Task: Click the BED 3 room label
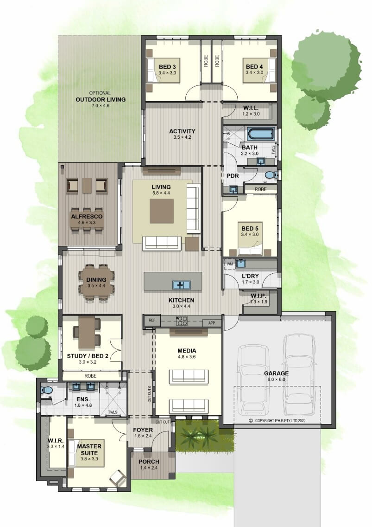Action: click(167, 67)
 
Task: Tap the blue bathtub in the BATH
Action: click(261, 134)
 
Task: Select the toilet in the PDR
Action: click(270, 175)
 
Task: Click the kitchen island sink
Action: click(182, 285)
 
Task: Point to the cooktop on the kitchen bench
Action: click(182, 321)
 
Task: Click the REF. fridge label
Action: click(152, 320)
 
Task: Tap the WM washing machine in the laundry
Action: click(230, 264)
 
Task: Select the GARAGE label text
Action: click(276, 373)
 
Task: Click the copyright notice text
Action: click(277, 420)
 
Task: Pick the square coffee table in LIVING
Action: click(162, 211)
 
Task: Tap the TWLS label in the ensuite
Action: click(113, 412)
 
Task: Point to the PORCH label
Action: click(149, 462)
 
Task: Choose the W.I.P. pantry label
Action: click(258, 296)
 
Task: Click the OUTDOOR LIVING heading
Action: click(101, 99)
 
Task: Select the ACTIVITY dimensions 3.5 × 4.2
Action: click(182, 137)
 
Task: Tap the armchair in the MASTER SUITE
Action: click(118, 477)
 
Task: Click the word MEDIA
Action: click(187, 351)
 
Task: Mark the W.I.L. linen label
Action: click(251, 108)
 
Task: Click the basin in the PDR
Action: click(233, 190)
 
